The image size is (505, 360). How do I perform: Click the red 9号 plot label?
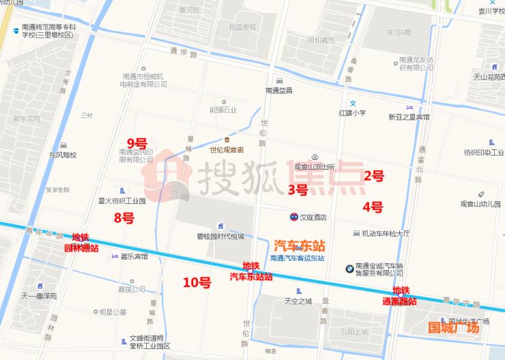click(x=137, y=143)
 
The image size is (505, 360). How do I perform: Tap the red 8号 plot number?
click(x=124, y=218)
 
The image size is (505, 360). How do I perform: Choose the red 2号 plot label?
click(x=373, y=176)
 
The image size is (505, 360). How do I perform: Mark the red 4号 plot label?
click(x=373, y=207)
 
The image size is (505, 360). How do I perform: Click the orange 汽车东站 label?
click(x=299, y=245)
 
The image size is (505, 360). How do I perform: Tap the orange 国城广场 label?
click(x=453, y=328)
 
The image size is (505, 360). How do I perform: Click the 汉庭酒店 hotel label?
click(x=313, y=217)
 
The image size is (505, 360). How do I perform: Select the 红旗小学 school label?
click(x=353, y=112)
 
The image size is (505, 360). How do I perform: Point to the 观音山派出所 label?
click(x=315, y=166)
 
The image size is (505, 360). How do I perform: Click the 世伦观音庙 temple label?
click(x=227, y=150)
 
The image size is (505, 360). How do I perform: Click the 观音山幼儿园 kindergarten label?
click(x=482, y=203)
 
